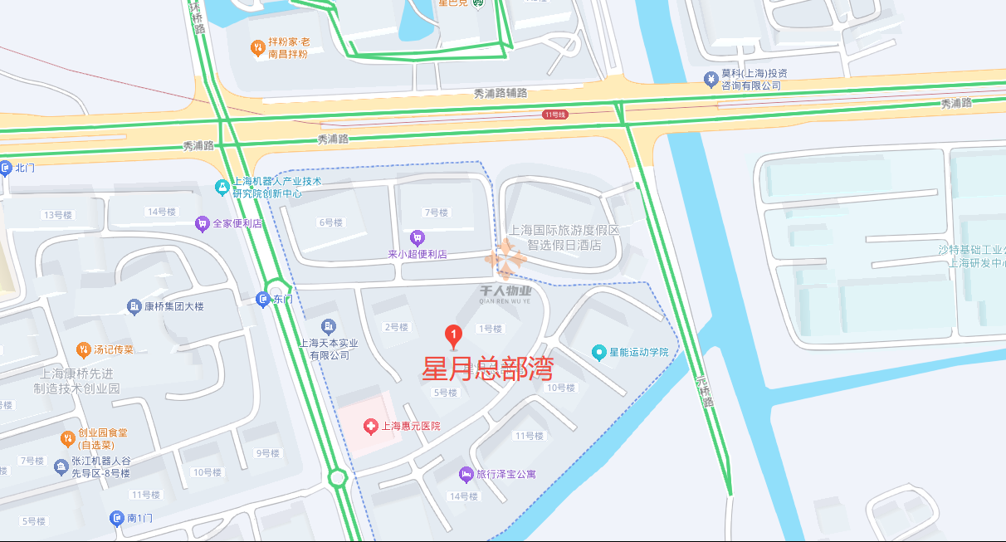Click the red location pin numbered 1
(x=453, y=335)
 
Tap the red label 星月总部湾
(x=487, y=369)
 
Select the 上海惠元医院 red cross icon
(x=371, y=426)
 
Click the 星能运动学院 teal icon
(x=599, y=352)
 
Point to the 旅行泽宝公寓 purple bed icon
(x=466, y=474)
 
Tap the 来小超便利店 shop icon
(x=418, y=237)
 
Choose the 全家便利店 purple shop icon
(x=202, y=223)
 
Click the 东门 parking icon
(x=263, y=300)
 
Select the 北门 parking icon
(x=5, y=168)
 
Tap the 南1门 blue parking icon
(x=117, y=519)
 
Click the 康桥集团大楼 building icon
(x=134, y=307)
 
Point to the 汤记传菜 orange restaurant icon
(x=83, y=349)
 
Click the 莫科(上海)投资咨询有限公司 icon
(x=711, y=79)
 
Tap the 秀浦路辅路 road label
(x=500, y=93)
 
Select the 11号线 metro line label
(x=554, y=115)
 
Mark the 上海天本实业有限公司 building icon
(x=329, y=325)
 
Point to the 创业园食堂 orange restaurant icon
(x=68, y=438)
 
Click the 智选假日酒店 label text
(x=564, y=246)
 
